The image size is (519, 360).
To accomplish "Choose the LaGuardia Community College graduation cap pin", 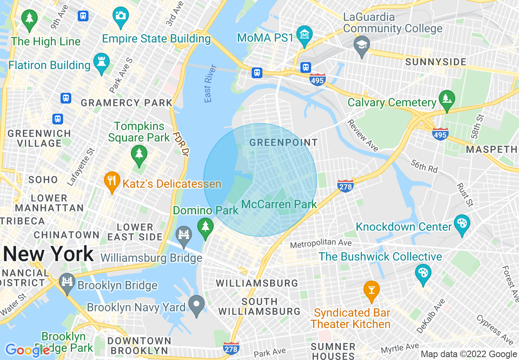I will (x=362, y=45).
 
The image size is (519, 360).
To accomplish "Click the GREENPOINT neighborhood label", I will (x=283, y=142).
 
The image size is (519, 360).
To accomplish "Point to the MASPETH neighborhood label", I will (x=492, y=149).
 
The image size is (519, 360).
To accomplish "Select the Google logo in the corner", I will (x=27, y=350).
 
